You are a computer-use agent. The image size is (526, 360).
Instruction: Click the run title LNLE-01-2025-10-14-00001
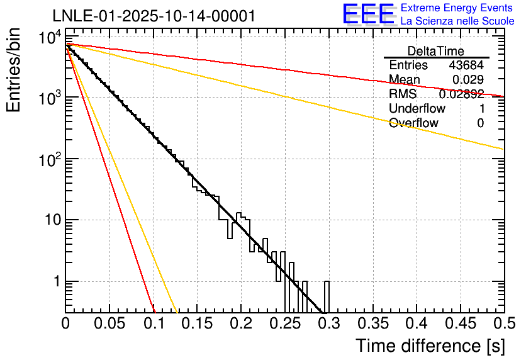[x=154, y=16]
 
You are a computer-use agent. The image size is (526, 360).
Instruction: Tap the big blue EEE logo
[x=368, y=14]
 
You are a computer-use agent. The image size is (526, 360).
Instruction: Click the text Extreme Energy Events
[x=457, y=8]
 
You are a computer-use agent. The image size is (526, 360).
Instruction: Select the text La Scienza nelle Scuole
[x=457, y=21]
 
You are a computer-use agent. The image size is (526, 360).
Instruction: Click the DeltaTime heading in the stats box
[x=435, y=51]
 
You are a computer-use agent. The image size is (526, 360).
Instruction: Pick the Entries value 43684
[x=466, y=65]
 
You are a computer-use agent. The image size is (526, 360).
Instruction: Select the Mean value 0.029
[x=468, y=79]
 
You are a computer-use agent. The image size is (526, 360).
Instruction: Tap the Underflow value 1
[x=481, y=108]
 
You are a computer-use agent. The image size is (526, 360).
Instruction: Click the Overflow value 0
[x=480, y=123]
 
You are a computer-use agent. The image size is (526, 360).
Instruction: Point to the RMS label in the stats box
[x=403, y=94]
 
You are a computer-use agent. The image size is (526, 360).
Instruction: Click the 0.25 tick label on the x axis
[x=284, y=323]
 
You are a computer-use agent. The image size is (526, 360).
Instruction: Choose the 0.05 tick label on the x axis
[x=109, y=323]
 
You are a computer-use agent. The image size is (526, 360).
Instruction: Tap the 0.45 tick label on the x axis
[x=460, y=323]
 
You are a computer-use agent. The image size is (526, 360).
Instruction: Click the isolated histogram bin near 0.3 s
[x=327, y=296]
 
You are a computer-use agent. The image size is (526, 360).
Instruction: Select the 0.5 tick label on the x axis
[x=503, y=323]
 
